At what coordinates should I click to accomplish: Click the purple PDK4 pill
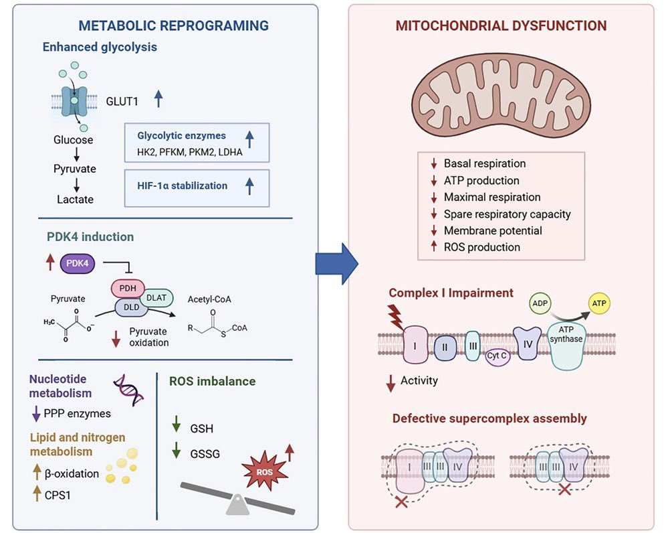78,263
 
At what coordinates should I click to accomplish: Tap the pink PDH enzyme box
128,288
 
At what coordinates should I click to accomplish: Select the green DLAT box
156,297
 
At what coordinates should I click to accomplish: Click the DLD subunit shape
131,307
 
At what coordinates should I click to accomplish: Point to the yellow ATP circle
599,303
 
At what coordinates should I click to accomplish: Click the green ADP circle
540,303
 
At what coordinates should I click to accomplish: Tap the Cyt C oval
497,356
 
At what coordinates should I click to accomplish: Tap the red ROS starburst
263,472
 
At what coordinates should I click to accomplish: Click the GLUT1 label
122,101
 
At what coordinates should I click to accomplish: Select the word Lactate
75,199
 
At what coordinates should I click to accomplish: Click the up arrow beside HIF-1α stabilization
250,186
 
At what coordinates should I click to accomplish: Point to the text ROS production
481,247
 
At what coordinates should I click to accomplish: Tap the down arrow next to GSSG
177,451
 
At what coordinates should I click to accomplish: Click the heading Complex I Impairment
451,293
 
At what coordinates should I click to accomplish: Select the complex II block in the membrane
445,347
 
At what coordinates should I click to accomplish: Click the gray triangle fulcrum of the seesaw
237,506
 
